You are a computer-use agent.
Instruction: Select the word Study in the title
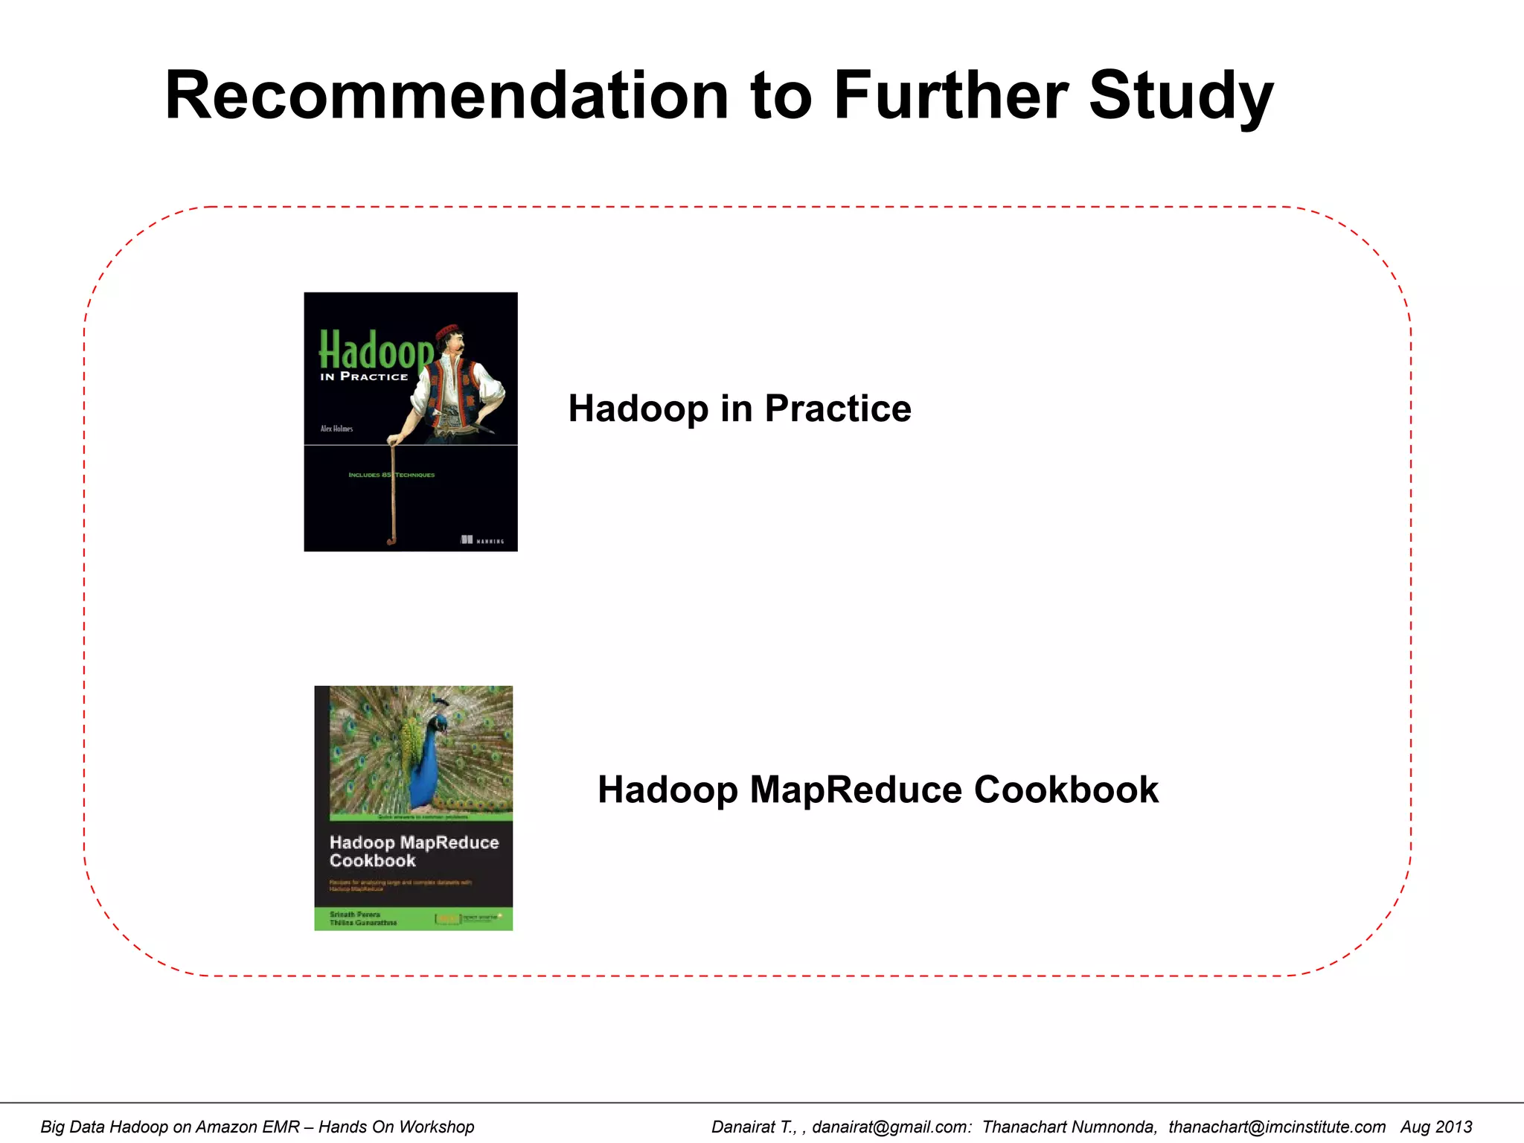coord(1182,97)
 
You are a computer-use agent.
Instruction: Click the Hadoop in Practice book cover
coord(411,421)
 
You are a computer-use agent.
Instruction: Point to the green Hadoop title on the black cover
coord(376,350)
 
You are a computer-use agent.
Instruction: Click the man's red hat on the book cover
coord(447,331)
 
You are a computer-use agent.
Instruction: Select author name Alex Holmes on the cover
coord(336,429)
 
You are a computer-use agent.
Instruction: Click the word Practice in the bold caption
coord(837,408)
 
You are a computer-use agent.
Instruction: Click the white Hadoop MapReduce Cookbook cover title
coord(414,851)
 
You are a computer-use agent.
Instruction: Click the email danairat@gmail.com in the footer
coord(891,1127)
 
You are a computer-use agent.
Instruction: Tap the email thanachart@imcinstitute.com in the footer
coord(1277,1127)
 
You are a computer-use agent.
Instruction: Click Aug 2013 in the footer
coord(1436,1127)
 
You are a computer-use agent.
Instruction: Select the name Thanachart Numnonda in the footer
coord(1069,1127)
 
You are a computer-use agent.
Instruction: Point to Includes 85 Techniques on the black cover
coord(391,475)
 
